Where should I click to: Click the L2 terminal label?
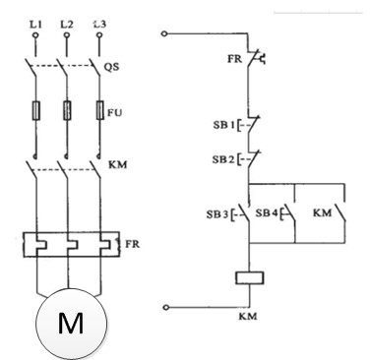point(67,21)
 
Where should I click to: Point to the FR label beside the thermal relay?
point(131,241)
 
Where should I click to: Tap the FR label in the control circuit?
point(234,58)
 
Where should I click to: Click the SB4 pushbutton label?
point(268,211)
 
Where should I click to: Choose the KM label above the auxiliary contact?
point(322,211)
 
